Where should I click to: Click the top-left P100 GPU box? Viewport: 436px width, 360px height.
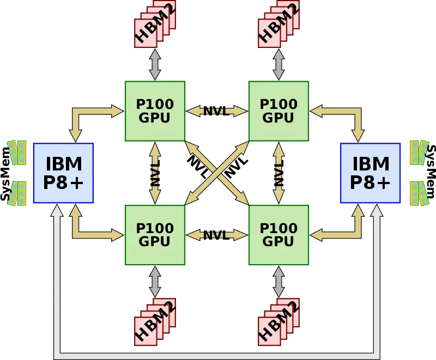click(155, 111)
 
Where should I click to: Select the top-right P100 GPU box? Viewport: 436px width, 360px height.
click(278, 111)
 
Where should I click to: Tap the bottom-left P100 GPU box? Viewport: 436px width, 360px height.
click(155, 235)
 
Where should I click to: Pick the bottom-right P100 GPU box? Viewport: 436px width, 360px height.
click(278, 235)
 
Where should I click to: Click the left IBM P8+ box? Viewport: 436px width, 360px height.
click(63, 173)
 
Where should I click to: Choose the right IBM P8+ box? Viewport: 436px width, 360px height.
click(371, 173)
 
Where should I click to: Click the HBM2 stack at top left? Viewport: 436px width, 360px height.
click(155, 25)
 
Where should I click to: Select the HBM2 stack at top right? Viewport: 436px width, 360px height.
click(278, 25)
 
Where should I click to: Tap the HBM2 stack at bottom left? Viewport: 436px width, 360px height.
click(155, 321)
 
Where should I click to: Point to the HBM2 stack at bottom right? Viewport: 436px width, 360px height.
click(278, 321)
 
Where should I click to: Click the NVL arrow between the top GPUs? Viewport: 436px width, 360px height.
click(216, 111)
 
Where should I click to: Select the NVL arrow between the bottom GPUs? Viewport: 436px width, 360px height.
click(216, 235)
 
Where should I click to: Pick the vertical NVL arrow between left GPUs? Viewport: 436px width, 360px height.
click(155, 173)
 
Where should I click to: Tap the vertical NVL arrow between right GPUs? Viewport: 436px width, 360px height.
click(278, 173)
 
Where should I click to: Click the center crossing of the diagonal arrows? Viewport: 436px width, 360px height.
click(217, 173)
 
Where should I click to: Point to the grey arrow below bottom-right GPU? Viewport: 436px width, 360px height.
click(278, 281)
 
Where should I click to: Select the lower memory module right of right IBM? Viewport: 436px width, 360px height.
click(419, 193)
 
